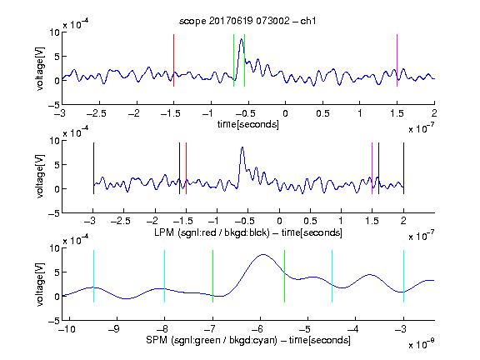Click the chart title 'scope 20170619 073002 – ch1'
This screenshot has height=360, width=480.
(247, 21)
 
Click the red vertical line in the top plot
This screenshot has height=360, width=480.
(173, 60)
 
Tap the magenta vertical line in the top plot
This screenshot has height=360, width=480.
(397, 60)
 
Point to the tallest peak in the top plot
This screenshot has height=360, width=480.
(242, 39)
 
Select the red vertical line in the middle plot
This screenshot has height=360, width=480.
(186, 168)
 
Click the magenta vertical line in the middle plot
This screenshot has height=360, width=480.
(372, 168)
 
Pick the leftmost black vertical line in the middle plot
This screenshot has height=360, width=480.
(93, 168)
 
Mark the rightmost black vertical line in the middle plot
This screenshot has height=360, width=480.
(403, 168)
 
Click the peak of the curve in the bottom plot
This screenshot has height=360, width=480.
(263, 254)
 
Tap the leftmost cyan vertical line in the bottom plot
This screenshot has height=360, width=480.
(93, 276)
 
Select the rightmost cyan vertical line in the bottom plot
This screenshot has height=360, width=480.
(403, 276)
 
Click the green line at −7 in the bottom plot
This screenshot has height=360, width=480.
(212, 276)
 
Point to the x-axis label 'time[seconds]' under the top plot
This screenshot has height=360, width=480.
(248, 124)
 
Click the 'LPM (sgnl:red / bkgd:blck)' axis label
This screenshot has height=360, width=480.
(212, 232)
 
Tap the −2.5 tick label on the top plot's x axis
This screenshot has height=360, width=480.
(96, 113)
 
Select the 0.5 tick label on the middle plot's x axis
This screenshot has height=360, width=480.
(310, 221)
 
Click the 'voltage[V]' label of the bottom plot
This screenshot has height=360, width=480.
(40, 284)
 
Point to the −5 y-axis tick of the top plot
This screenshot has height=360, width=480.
(54, 105)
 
